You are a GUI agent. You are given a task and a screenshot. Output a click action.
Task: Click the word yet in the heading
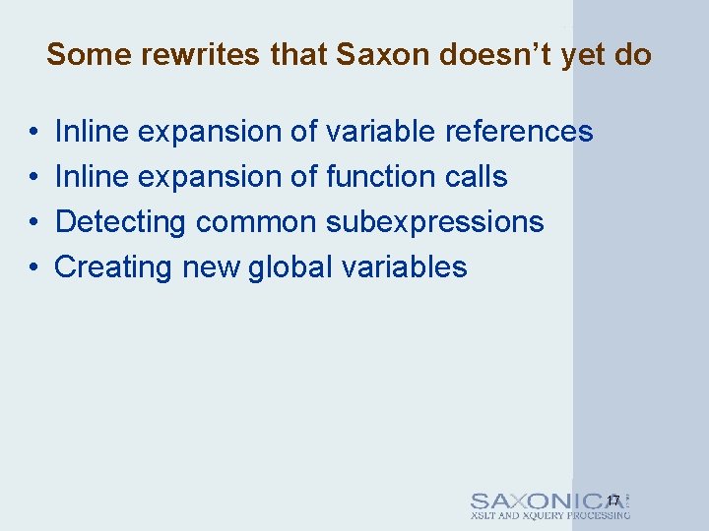[x=585, y=54]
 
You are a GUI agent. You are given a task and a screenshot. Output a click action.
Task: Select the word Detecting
[x=120, y=222]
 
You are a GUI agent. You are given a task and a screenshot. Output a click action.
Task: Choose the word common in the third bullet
[x=256, y=222]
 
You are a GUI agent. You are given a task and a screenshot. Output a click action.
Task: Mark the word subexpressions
[x=434, y=222]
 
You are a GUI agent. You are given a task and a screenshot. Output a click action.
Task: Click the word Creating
[x=113, y=267]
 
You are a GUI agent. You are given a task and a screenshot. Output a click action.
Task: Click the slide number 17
[x=613, y=501]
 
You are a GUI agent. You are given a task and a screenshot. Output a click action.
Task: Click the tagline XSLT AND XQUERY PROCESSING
[x=549, y=516]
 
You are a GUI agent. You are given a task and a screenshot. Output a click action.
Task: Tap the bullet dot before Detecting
[x=33, y=223]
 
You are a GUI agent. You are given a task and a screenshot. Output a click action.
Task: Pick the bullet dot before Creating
[x=33, y=268]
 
